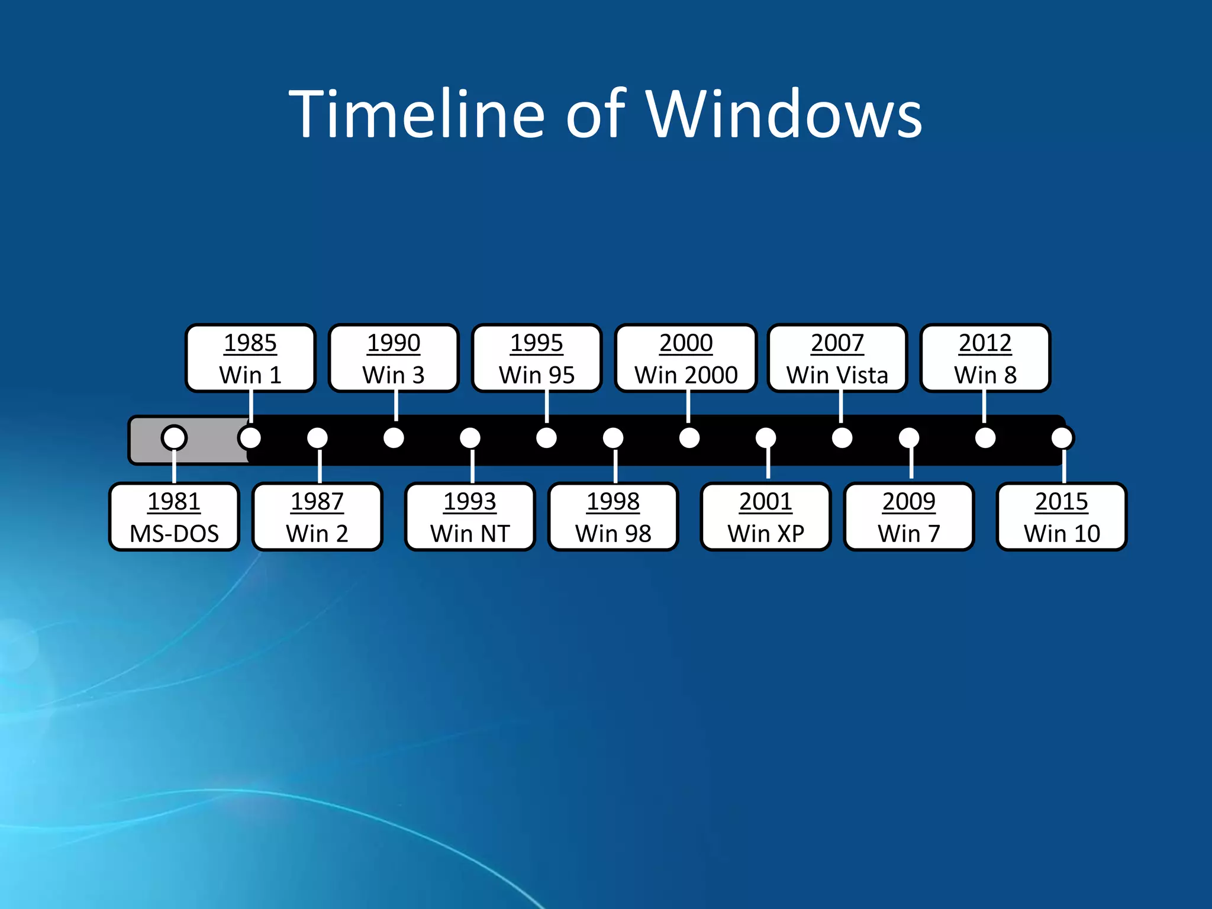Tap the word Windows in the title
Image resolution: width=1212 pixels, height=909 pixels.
784,114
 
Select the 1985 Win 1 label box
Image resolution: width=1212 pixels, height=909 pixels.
250,358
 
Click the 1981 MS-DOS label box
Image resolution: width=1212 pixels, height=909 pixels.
174,517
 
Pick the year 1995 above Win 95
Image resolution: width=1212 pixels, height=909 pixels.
537,343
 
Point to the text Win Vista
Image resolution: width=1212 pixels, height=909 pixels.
837,375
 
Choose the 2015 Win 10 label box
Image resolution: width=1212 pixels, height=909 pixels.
1062,517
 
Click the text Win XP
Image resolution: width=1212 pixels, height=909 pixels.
766,534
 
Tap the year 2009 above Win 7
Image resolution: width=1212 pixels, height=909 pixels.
909,502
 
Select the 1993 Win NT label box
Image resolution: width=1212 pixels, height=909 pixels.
470,517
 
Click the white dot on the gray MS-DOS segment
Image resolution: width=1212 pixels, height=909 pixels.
174,438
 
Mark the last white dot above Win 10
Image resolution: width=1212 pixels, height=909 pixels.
1062,438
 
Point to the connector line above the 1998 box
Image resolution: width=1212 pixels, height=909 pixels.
615,466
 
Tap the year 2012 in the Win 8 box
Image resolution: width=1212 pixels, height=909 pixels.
985,343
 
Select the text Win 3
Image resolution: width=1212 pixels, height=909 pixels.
394,375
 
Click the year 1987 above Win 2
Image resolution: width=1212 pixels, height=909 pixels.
317,502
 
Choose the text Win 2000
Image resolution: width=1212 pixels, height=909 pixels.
686,375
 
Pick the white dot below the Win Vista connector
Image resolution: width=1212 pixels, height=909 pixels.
842,438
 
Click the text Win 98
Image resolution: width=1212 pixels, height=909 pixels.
613,534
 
